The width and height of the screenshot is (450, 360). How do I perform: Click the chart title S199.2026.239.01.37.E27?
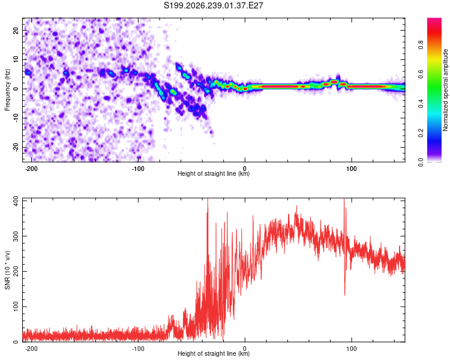(x=213, y=5)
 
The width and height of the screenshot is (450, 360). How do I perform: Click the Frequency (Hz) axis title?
(x=7, y=90)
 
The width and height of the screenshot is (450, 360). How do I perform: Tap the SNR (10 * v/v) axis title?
(x=7, y=270)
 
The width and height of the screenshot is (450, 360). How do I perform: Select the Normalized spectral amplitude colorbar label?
(x=445, y=90)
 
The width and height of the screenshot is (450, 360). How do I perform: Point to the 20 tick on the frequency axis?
(x=16, y=31)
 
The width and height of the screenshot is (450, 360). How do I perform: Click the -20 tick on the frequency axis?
(x=16, y=147)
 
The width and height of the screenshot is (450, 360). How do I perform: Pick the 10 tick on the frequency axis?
(x=16, y=59)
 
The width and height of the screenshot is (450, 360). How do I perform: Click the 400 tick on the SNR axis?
(x=16, y=201)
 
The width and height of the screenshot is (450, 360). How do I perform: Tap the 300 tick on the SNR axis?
(x=16, y=236)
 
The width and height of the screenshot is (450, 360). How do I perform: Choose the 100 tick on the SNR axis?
(x=16, y=307)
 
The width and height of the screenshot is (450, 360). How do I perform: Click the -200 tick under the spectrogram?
(x=31, y=169)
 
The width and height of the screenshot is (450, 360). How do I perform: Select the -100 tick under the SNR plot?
(x=138, y=349)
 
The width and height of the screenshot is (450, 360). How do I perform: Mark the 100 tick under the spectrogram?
(x=351, y=169)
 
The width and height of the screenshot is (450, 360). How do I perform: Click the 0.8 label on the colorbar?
(x=421, y=45)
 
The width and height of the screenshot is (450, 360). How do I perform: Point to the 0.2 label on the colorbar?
(x=421, y=133)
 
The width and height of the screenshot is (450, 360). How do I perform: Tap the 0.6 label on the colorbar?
(x=421, y=74)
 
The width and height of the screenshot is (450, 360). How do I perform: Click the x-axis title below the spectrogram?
(x=214, y=173)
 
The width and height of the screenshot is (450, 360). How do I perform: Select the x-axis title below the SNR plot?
(x=214, y=353)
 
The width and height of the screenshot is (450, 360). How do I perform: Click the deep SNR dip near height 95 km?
(x=344, y=295)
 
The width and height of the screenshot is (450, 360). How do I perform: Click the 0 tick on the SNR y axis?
(x=16, y=341)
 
